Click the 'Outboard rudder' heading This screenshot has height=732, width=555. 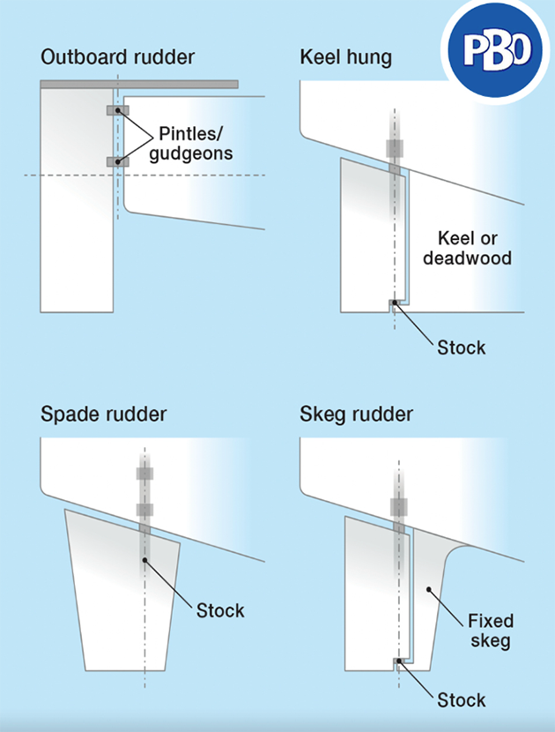[x=117, y=59]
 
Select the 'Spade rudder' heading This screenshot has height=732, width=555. [x=104, y=414]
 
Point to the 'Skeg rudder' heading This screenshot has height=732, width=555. [x=357, y=414]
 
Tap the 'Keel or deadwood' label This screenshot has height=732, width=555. [x=467, y=248]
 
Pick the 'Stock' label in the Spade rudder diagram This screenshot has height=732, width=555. [x=220, y=610]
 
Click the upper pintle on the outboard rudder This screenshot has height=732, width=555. [x=117, y=110]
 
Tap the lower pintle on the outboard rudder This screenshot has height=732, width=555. [x=117, y=161]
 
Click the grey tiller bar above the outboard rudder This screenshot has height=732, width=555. [x=139, y=84]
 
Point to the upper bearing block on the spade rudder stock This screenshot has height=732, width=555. [x=145, y=474]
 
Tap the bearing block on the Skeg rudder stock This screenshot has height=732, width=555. [x=398, y=507]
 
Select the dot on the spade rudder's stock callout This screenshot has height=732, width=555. [x=145, y=558]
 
